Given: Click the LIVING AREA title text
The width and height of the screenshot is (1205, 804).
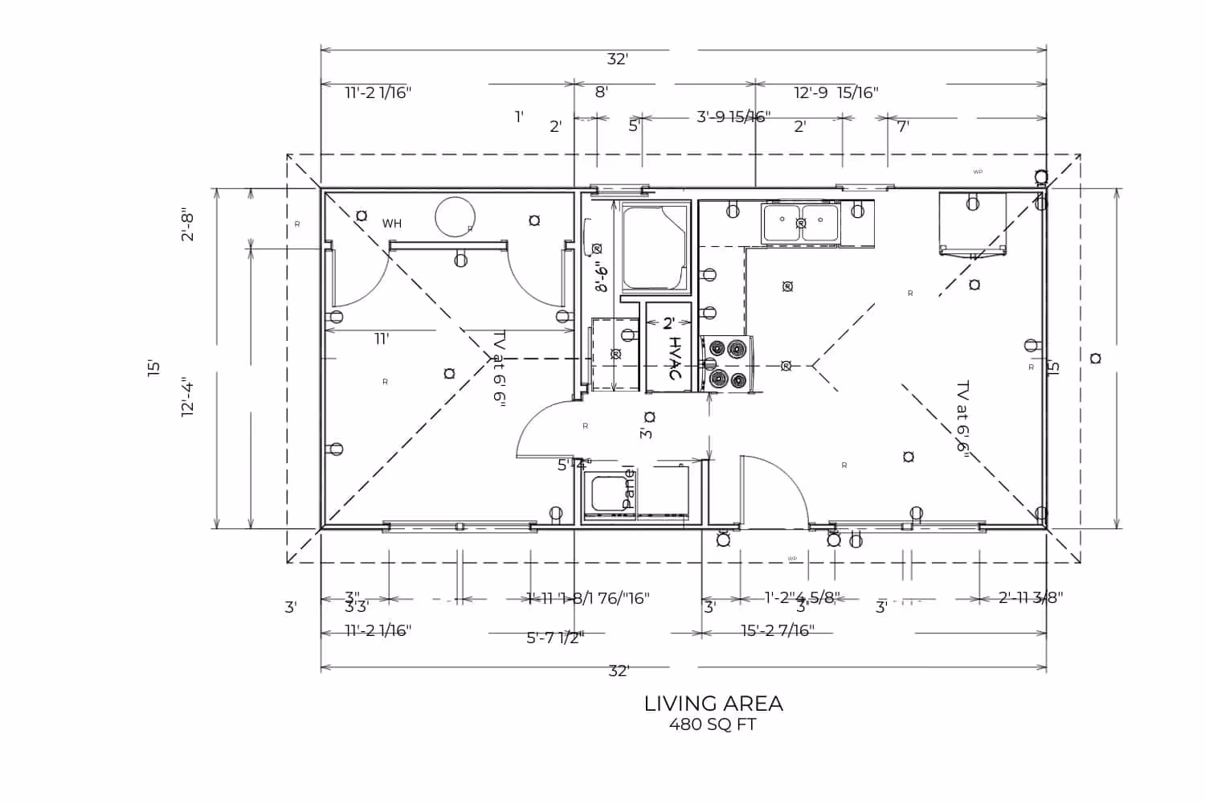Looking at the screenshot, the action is (713, 703).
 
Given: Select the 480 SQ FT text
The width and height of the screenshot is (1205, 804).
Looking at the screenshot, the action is (713, 724).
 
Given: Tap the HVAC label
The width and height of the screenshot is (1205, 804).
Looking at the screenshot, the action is (675, 359).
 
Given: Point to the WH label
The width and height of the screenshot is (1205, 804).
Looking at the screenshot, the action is (392, 224).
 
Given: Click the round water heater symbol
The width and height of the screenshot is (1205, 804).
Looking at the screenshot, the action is (455, 217).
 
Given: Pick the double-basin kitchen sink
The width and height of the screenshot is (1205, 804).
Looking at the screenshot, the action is (800, 224).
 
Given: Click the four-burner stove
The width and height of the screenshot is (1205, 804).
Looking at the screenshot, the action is (727, 364).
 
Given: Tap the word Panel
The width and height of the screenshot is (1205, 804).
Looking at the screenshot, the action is (629, 488).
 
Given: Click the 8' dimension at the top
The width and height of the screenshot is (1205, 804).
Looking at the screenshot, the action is (601, 92).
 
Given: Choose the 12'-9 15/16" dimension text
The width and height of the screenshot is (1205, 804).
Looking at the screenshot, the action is (836, 92).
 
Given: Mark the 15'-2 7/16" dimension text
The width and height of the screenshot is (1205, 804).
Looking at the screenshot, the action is (778, 630).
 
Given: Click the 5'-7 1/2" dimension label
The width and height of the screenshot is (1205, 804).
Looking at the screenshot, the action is (555, 638).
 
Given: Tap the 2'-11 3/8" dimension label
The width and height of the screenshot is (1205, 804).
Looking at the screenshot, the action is (1031, 597).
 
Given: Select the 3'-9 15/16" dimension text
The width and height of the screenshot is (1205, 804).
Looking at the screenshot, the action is (733, 117).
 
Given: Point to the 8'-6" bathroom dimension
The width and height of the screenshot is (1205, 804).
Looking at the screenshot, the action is (601, 273).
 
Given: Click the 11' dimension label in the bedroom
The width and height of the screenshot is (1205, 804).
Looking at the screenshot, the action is (382, 338).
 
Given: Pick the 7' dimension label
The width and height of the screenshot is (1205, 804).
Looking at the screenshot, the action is (903, 126).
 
